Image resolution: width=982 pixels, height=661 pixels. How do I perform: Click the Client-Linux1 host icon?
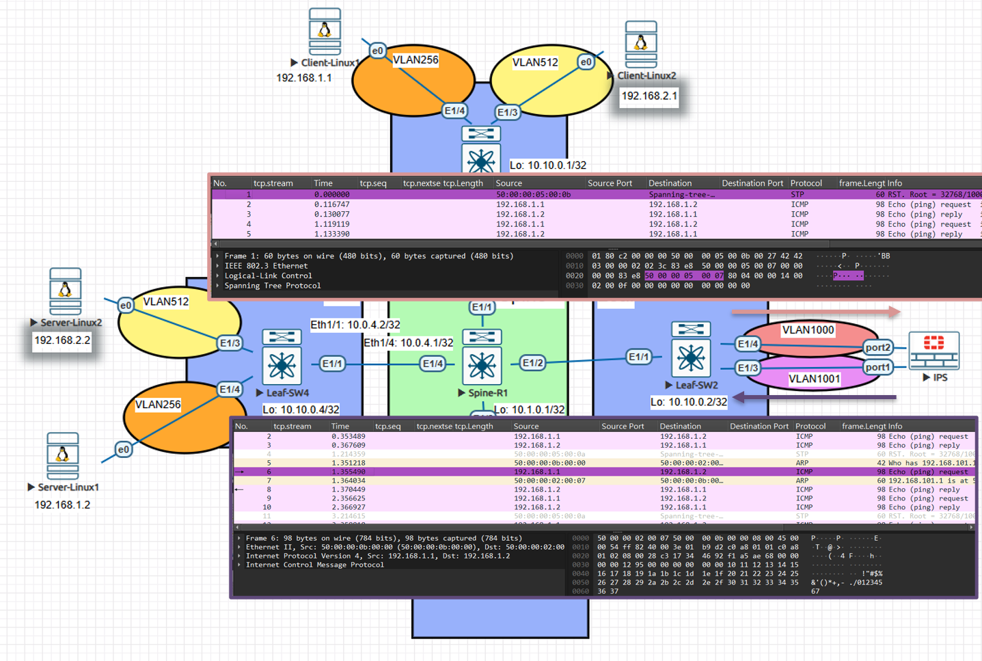tap(325, 31)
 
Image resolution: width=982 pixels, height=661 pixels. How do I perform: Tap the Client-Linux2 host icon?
tap(641, 44)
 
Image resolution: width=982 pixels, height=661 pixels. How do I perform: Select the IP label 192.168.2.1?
tap(649, 96)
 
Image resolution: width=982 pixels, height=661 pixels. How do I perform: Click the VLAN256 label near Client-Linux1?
tap(415, 60)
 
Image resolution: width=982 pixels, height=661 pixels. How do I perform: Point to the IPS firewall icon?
tap(933, 350)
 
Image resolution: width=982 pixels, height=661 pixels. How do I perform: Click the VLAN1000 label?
tap(808, 330)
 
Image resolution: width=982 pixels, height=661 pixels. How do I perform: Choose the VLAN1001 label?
tap(814, 379)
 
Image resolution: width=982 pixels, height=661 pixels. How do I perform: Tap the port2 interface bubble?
tap(877, 347)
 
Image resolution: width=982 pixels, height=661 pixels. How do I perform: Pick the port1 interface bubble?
tap(877, 368)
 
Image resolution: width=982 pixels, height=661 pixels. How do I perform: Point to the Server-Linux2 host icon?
tap(66, 291)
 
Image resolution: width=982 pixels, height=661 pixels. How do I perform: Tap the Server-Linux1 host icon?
tap(63, 456)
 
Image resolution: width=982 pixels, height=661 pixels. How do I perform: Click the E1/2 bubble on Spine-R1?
tap(532, 363)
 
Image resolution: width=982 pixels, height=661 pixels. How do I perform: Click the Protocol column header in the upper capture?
tap(806, 183)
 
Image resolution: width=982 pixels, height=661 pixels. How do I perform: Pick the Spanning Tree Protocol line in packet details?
tap(272, 286)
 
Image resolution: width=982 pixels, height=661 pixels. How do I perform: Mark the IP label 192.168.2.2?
tap(62, 340)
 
